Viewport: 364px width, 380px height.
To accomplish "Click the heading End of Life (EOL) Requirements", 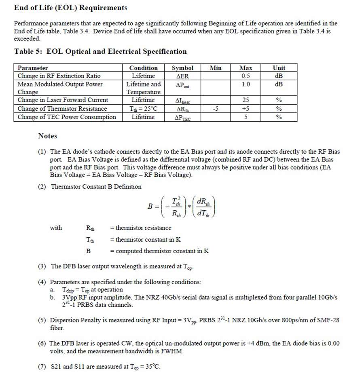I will click(x=70, y=8).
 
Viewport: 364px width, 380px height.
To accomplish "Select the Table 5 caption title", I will click(x=100, y=51).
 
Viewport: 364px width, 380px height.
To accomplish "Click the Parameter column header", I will click(x=33, y=68).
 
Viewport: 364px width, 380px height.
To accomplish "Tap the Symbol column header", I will click(x=182, y=68).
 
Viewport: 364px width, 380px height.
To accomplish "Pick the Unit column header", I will click(x=279, y=68).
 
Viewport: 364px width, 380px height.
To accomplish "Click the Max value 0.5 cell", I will click(x=245, y=76).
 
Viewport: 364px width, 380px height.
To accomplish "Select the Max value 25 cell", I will click(x=245, y=100).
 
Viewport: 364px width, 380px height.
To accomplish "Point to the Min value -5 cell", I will click(x=216, y=109).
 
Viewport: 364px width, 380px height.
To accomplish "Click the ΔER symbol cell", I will click(x=182, y=76).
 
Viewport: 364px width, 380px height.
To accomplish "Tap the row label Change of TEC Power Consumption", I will click(x=67, y=117).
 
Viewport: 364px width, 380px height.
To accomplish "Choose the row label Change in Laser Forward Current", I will click(x=63, y=100).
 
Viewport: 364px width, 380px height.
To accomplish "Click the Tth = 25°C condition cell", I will click(x=143, y=109).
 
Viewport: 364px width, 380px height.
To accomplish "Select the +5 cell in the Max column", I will click(x=245, y=109).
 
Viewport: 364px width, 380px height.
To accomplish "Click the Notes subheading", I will click(x=48, y=136).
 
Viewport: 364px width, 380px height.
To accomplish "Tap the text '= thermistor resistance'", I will click(x=141, y=228).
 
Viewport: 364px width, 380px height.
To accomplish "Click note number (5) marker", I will click(x=42, y=320).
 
